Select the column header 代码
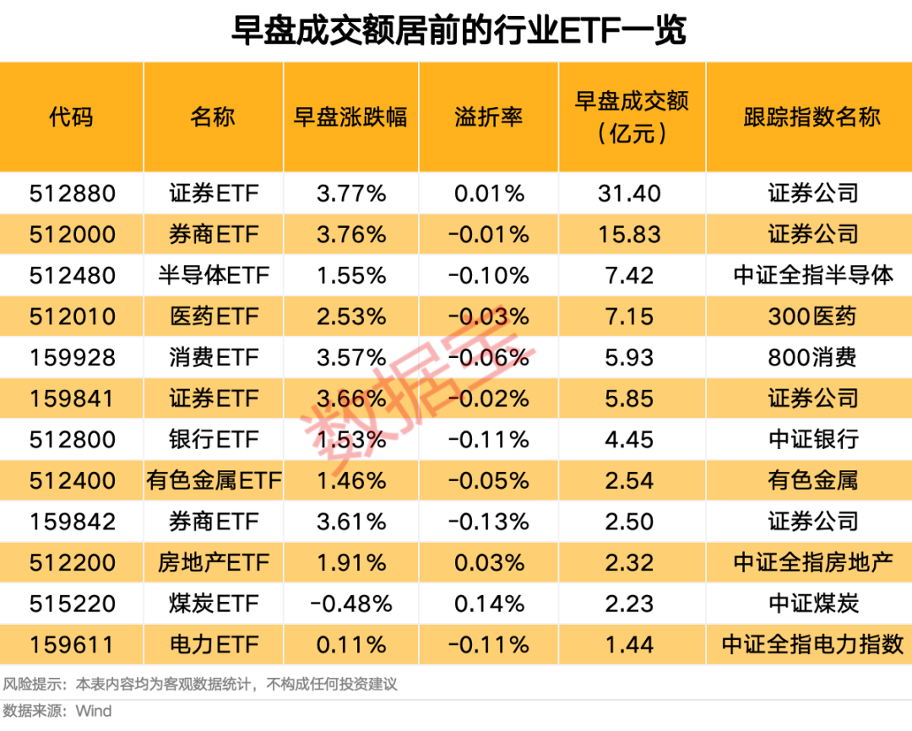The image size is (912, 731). [x=71, y=116]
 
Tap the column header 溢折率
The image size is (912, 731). [x=489, y=116]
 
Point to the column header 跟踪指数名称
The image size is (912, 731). [x=812, y=116]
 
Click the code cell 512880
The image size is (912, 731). [x=71, y=193]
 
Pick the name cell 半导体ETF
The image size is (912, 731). [x=213, y=275]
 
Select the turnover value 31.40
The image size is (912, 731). [x=631, y=193]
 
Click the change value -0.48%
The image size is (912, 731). [x=350, y=604]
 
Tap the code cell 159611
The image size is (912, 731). [x=71, y=645]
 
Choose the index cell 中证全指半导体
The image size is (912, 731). [x=812, y=275]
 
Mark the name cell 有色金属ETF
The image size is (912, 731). [x=213, y=481]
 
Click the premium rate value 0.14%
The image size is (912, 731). [x=489, y=604]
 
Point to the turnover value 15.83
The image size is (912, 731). [x=631, y=235]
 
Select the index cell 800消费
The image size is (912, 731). [x=812, y=358]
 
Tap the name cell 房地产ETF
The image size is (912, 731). [x=213, y=563]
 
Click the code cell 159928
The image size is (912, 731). [x=71, y=358]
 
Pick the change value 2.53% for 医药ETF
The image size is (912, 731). [x=350, y=317]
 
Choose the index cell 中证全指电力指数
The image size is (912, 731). [x=812, y=645]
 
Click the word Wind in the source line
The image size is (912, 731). [x=94, y=711]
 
